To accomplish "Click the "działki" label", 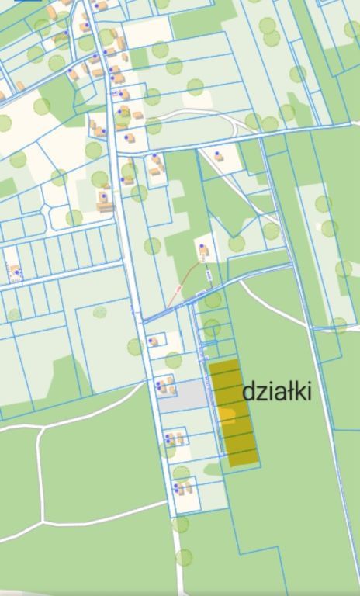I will (x=277, y=391).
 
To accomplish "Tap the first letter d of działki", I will (x=249, y=392).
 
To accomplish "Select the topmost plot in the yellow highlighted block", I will (x=225, y=367).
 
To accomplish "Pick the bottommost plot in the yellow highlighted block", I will (x=242, y=459).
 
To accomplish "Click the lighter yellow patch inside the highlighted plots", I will (x=227, y=414).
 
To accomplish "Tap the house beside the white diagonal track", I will (x=220, y=156).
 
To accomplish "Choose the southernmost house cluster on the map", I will (x=183, y=488).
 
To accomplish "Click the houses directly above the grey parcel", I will (x=164, y=383).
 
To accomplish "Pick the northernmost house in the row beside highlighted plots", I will (x=154, y=341).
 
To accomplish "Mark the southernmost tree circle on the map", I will (x=184, y=556).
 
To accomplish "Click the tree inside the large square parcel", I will (x=100, y=312).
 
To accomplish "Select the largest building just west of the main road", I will (x=105, y=203).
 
